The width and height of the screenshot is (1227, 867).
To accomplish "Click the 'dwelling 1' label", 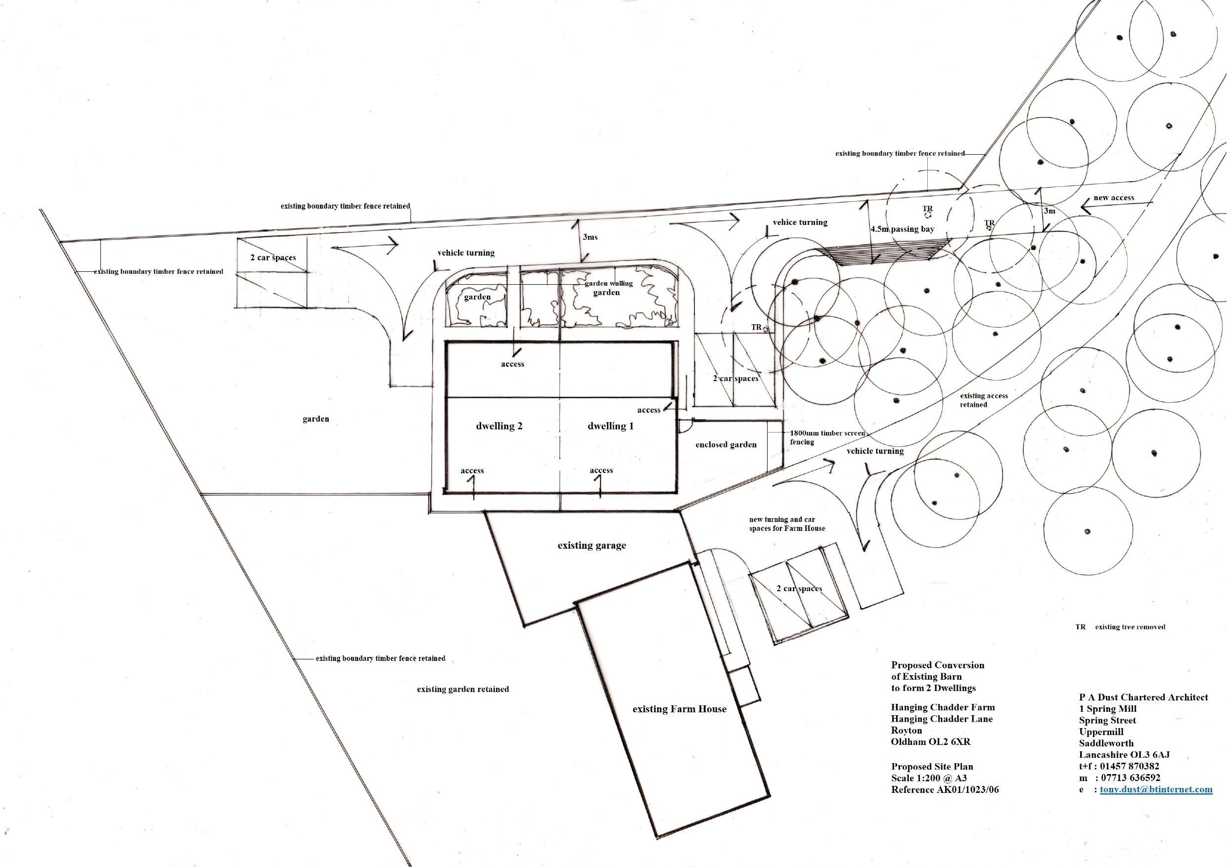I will [x=610, y=426].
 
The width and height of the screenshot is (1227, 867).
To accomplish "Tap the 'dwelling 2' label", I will [x=499, y=426].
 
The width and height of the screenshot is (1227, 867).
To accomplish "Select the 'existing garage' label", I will [x=591, y=545].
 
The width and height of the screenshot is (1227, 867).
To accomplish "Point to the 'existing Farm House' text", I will [x=679, y=709].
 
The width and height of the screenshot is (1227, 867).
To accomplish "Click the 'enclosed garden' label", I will [x=726, y=444].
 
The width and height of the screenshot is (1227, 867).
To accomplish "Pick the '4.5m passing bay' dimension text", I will [x=902, y=229].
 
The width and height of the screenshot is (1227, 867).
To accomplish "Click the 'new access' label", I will [x=1114, y=198].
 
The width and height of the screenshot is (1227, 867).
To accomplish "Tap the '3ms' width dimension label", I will [x=590, y=237].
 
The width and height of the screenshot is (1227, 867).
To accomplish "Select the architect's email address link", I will [x=1156, y=789].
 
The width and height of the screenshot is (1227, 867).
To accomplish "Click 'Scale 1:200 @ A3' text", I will [x=929, y=778].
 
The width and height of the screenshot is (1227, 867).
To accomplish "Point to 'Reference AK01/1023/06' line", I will [x=944, y=789].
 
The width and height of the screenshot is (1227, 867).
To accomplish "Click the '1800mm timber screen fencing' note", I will [x=827, y=437].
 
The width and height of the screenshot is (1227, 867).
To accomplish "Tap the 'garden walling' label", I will [x=609, y=283].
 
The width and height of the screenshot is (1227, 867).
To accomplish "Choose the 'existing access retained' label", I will [x=983, y=400].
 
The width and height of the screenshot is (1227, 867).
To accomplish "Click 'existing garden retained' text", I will [x=463, y=689].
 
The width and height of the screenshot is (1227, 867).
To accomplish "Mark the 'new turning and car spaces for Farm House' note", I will [x=787, y=523].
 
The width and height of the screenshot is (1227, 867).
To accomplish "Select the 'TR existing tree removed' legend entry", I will [x=1120, y=627].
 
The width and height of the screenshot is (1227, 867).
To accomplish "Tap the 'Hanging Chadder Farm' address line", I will [x=943, y=707].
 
